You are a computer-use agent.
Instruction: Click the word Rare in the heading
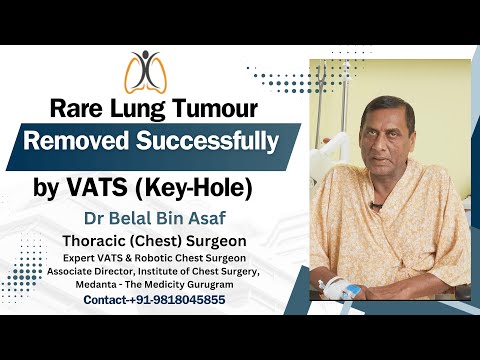coord(63,107)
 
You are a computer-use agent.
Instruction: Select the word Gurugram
coord(235,284)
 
